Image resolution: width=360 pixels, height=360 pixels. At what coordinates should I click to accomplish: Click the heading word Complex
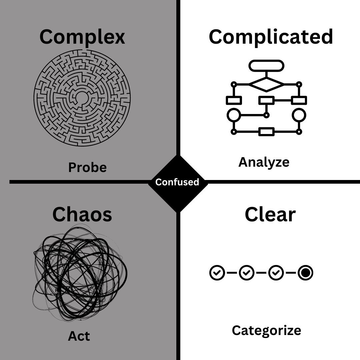(x=82, y=37)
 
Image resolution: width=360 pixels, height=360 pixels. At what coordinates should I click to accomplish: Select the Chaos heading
(x=82, y=214)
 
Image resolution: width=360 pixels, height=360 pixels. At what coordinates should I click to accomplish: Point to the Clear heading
(x=270, y=214)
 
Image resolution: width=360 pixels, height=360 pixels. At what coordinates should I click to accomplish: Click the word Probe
(x=87, y=167)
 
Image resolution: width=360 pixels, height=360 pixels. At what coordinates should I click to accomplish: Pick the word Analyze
(x=264, y=162)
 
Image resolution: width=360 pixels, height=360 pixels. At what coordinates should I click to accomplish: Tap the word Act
(x=79, y=336)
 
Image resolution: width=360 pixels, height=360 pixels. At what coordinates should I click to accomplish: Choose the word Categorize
(x=266, y=330)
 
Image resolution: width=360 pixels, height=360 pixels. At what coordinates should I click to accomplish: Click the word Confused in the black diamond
(x=177, y=182)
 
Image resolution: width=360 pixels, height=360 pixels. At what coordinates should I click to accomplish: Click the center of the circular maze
(x=82, y=98)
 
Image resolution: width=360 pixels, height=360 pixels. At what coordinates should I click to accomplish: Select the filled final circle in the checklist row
(x=305, y=273)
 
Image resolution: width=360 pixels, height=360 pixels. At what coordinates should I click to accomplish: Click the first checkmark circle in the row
(x=217, y=273)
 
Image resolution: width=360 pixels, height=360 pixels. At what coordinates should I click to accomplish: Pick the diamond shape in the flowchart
(x=266, y=84)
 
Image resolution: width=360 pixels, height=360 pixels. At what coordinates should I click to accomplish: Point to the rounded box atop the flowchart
(x=266, y=66)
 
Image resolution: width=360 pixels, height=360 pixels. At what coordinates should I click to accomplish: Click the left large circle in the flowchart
(x=234, y=115)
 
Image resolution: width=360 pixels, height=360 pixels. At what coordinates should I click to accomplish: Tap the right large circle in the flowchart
(x=299, y=115)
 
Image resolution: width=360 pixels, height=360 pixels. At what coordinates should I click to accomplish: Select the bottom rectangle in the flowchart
(x=266, y=132)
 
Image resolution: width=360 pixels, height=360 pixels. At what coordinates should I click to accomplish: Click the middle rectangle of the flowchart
(x=266, y=100)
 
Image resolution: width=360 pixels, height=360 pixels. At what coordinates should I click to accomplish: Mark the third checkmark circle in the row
(x=276, y=273)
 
